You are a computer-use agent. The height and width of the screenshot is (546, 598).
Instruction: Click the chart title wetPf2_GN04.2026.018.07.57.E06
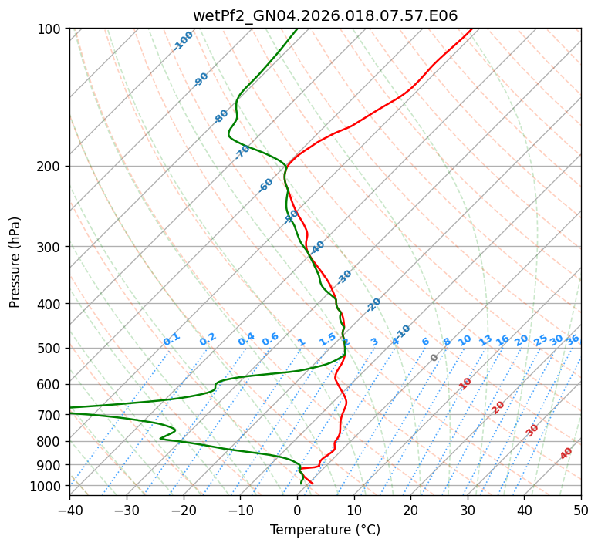(325, 16)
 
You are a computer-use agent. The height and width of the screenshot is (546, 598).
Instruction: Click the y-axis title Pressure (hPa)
(15, 261)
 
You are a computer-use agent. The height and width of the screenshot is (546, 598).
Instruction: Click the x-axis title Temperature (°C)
(325, 531)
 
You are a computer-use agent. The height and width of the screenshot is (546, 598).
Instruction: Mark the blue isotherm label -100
(183, 40)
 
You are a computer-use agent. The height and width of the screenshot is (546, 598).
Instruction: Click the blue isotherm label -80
(221, 116)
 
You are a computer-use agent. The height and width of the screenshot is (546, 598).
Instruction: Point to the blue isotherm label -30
(344, 276)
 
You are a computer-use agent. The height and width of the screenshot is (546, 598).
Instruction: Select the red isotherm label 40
(566, 453)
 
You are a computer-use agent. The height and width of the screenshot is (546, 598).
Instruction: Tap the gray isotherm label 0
(434, 358)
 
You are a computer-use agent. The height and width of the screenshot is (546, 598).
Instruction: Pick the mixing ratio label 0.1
(171, 339)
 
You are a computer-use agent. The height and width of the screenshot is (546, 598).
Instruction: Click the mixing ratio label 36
(573, 339)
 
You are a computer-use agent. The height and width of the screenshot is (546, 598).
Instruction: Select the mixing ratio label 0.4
(246, 339)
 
